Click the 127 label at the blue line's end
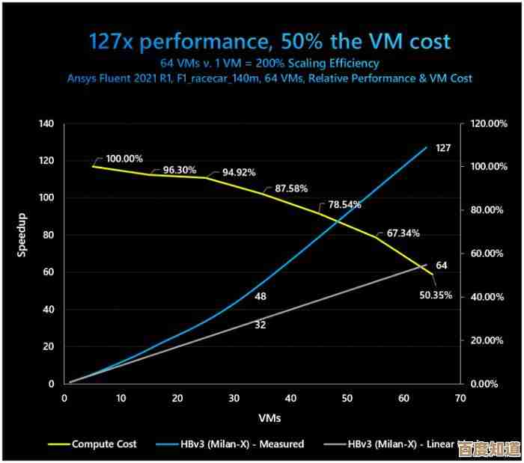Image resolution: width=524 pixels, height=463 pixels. coord(443,148)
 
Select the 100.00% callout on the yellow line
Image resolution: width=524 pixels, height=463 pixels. coord(124,159)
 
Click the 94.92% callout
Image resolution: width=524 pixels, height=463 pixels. coord(239,172)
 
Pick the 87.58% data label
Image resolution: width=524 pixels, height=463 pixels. coord(291,188)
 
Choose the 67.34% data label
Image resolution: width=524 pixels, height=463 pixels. coord(403,233)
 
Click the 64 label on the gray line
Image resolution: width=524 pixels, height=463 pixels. coord(442,266)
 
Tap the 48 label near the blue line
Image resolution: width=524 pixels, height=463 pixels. coord(261,296)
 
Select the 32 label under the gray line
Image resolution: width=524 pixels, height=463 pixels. coord(261,325)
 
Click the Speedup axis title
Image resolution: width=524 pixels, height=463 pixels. coord(22,238)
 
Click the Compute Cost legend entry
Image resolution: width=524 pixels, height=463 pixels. coord(104,444)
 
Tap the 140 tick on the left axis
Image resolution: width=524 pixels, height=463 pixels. coord(46,124)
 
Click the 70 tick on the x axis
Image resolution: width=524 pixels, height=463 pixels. coord(460,398)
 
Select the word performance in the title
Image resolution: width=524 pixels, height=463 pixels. coord(198,40)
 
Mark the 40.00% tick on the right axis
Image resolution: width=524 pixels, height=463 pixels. coord(487,297)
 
